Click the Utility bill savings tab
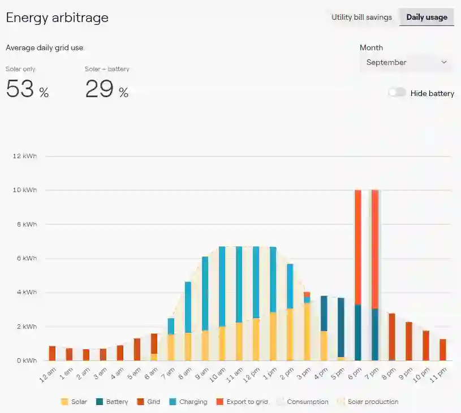click(361, 17)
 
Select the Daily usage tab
click(426, 17)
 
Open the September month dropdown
click(406, 62)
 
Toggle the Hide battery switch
click(397, 93)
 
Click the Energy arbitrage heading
click(57, 18)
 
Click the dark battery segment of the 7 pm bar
click(375, 334)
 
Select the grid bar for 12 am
click(52, 353)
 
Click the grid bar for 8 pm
click(391, 337)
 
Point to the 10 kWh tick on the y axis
click(25, 190)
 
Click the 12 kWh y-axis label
click(25, 156)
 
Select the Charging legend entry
click(189, 402)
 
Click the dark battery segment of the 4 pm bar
click(324, 313)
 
